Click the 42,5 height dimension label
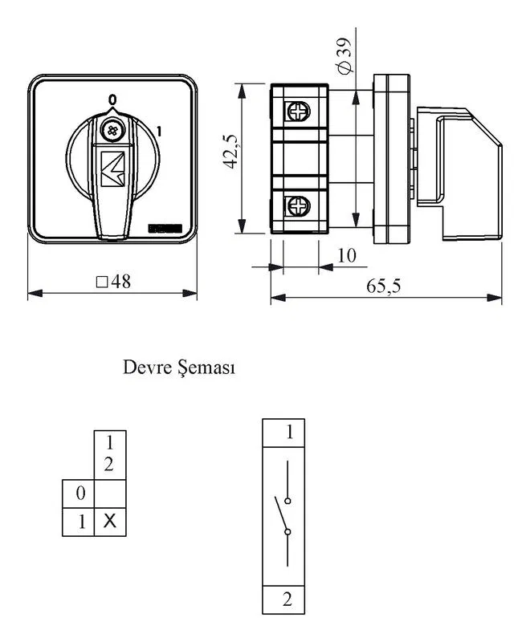click(x=230, y=151)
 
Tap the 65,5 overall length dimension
click(x=383, y=286)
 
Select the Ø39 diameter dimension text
click(x=344, y=55)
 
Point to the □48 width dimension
click(x=113, y=282)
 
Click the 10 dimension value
click(x=346, y=255)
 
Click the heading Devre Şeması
click(x=179, y=368)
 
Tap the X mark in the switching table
click(x=110, y=521)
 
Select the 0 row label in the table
click(x=80, y=493)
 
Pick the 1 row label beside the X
click(x=82, y=522)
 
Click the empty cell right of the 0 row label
click(x=110, y=494)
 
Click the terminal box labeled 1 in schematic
click(x=283, y=433)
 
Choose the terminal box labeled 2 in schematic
click(x=283, y=599)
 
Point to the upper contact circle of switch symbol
click(x=287, y=501)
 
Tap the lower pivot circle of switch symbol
click(x=287, y=532)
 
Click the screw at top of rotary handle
click(x=112, y=131)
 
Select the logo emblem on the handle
click(x=112, y=169)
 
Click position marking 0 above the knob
click(x=112, y=100)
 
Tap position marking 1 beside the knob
click(x=159, y=132)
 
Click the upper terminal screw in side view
click(x=298, y=111)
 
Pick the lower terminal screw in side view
click(x=298, y=205)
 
